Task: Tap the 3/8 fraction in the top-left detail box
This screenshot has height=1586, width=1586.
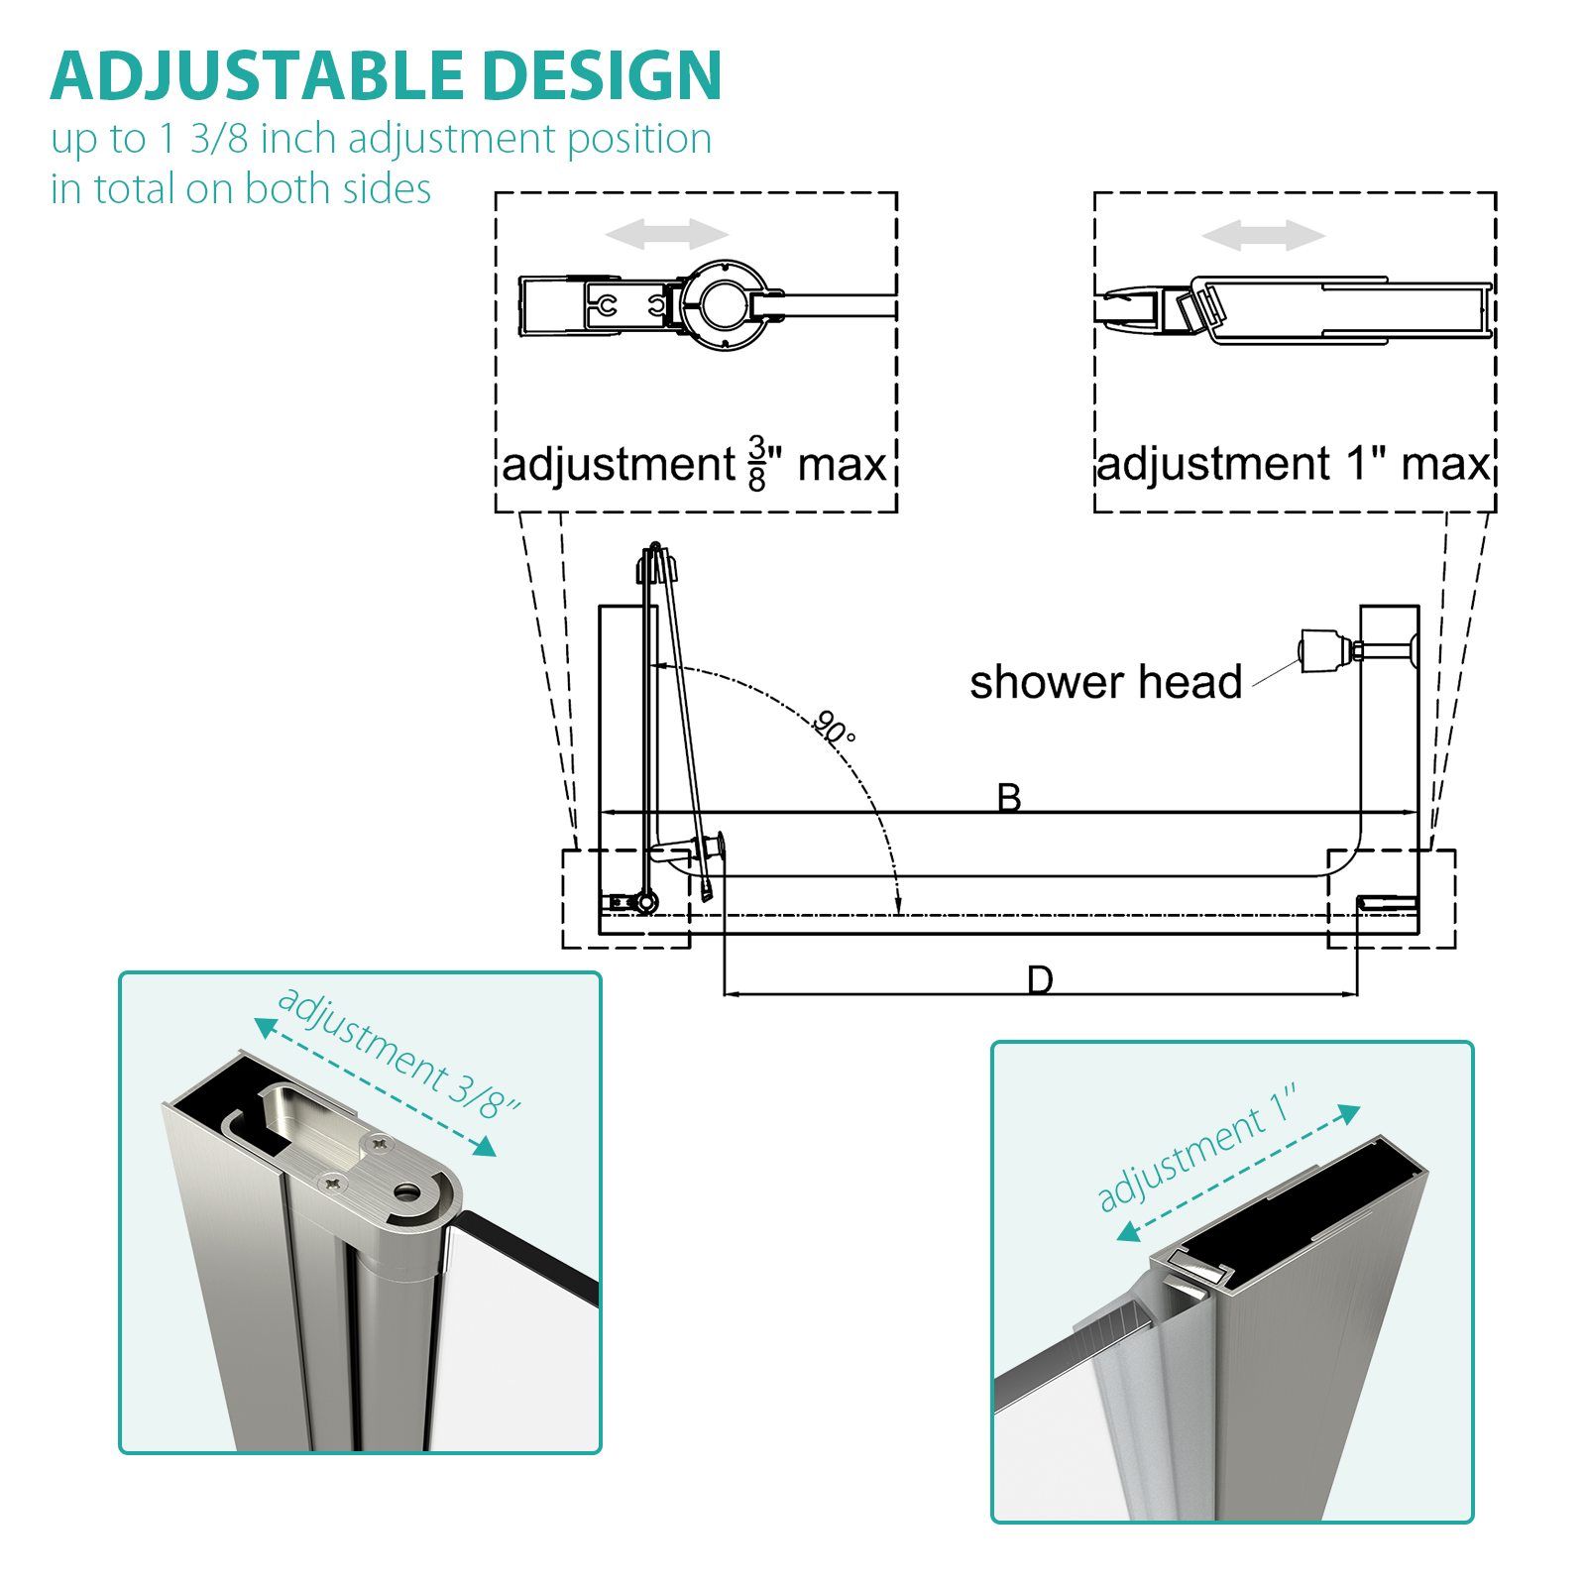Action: click(x=757, y=463)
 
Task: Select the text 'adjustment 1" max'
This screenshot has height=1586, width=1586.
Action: click(x=1294, y=464)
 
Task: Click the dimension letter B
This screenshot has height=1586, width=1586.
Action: click(x=1009, y=797)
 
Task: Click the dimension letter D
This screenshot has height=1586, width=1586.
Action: click(x=1040, y=979)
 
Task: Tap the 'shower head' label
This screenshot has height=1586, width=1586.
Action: click(x=1106, y=682)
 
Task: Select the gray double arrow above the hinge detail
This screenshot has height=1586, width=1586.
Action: click(x=667, y=235)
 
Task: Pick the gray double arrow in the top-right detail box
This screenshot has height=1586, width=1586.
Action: click(x=1264, y=236)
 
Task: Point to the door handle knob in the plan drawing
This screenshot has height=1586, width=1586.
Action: click(x=711, y=849)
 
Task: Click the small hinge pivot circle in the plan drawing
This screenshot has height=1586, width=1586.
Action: click(x=646, y=902)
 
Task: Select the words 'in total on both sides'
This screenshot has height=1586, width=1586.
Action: click(x=241, y=188)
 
